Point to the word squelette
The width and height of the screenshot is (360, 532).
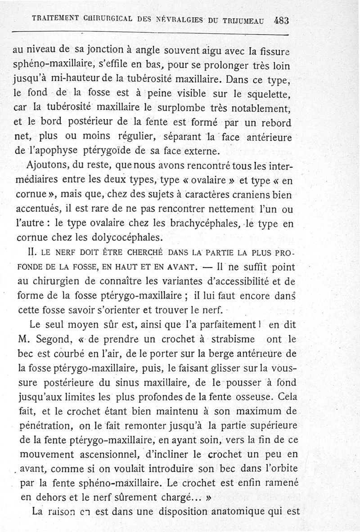pos(270,94)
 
